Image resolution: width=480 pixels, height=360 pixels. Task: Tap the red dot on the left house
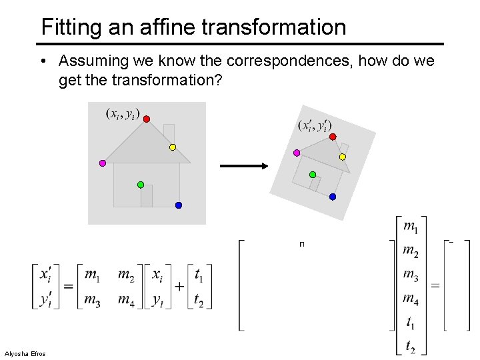click(x=147, y=119)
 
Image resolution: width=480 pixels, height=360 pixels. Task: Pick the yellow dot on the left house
click(x=172, y=147)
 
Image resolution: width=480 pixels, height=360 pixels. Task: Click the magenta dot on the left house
click(x=103, y=163)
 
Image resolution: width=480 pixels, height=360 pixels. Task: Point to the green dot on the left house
click(x=141, y=184)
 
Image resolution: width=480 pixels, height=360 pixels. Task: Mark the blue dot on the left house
click(x=179, y=205)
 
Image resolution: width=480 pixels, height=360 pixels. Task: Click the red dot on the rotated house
click(x=333, y=137)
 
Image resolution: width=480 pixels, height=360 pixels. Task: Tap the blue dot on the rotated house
click(x=333, y=197)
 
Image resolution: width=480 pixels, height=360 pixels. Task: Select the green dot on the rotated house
click(x=313, y=175)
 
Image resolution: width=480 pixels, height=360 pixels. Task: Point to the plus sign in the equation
click(x=179, y=287)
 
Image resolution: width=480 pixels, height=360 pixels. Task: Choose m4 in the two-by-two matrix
click(x=125, y=300)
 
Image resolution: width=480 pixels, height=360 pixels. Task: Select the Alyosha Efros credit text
click(x=25, y=353)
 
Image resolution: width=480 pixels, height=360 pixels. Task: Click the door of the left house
click(x=147, y=195)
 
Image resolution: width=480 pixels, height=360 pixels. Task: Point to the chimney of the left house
click(x=169, y=131)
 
